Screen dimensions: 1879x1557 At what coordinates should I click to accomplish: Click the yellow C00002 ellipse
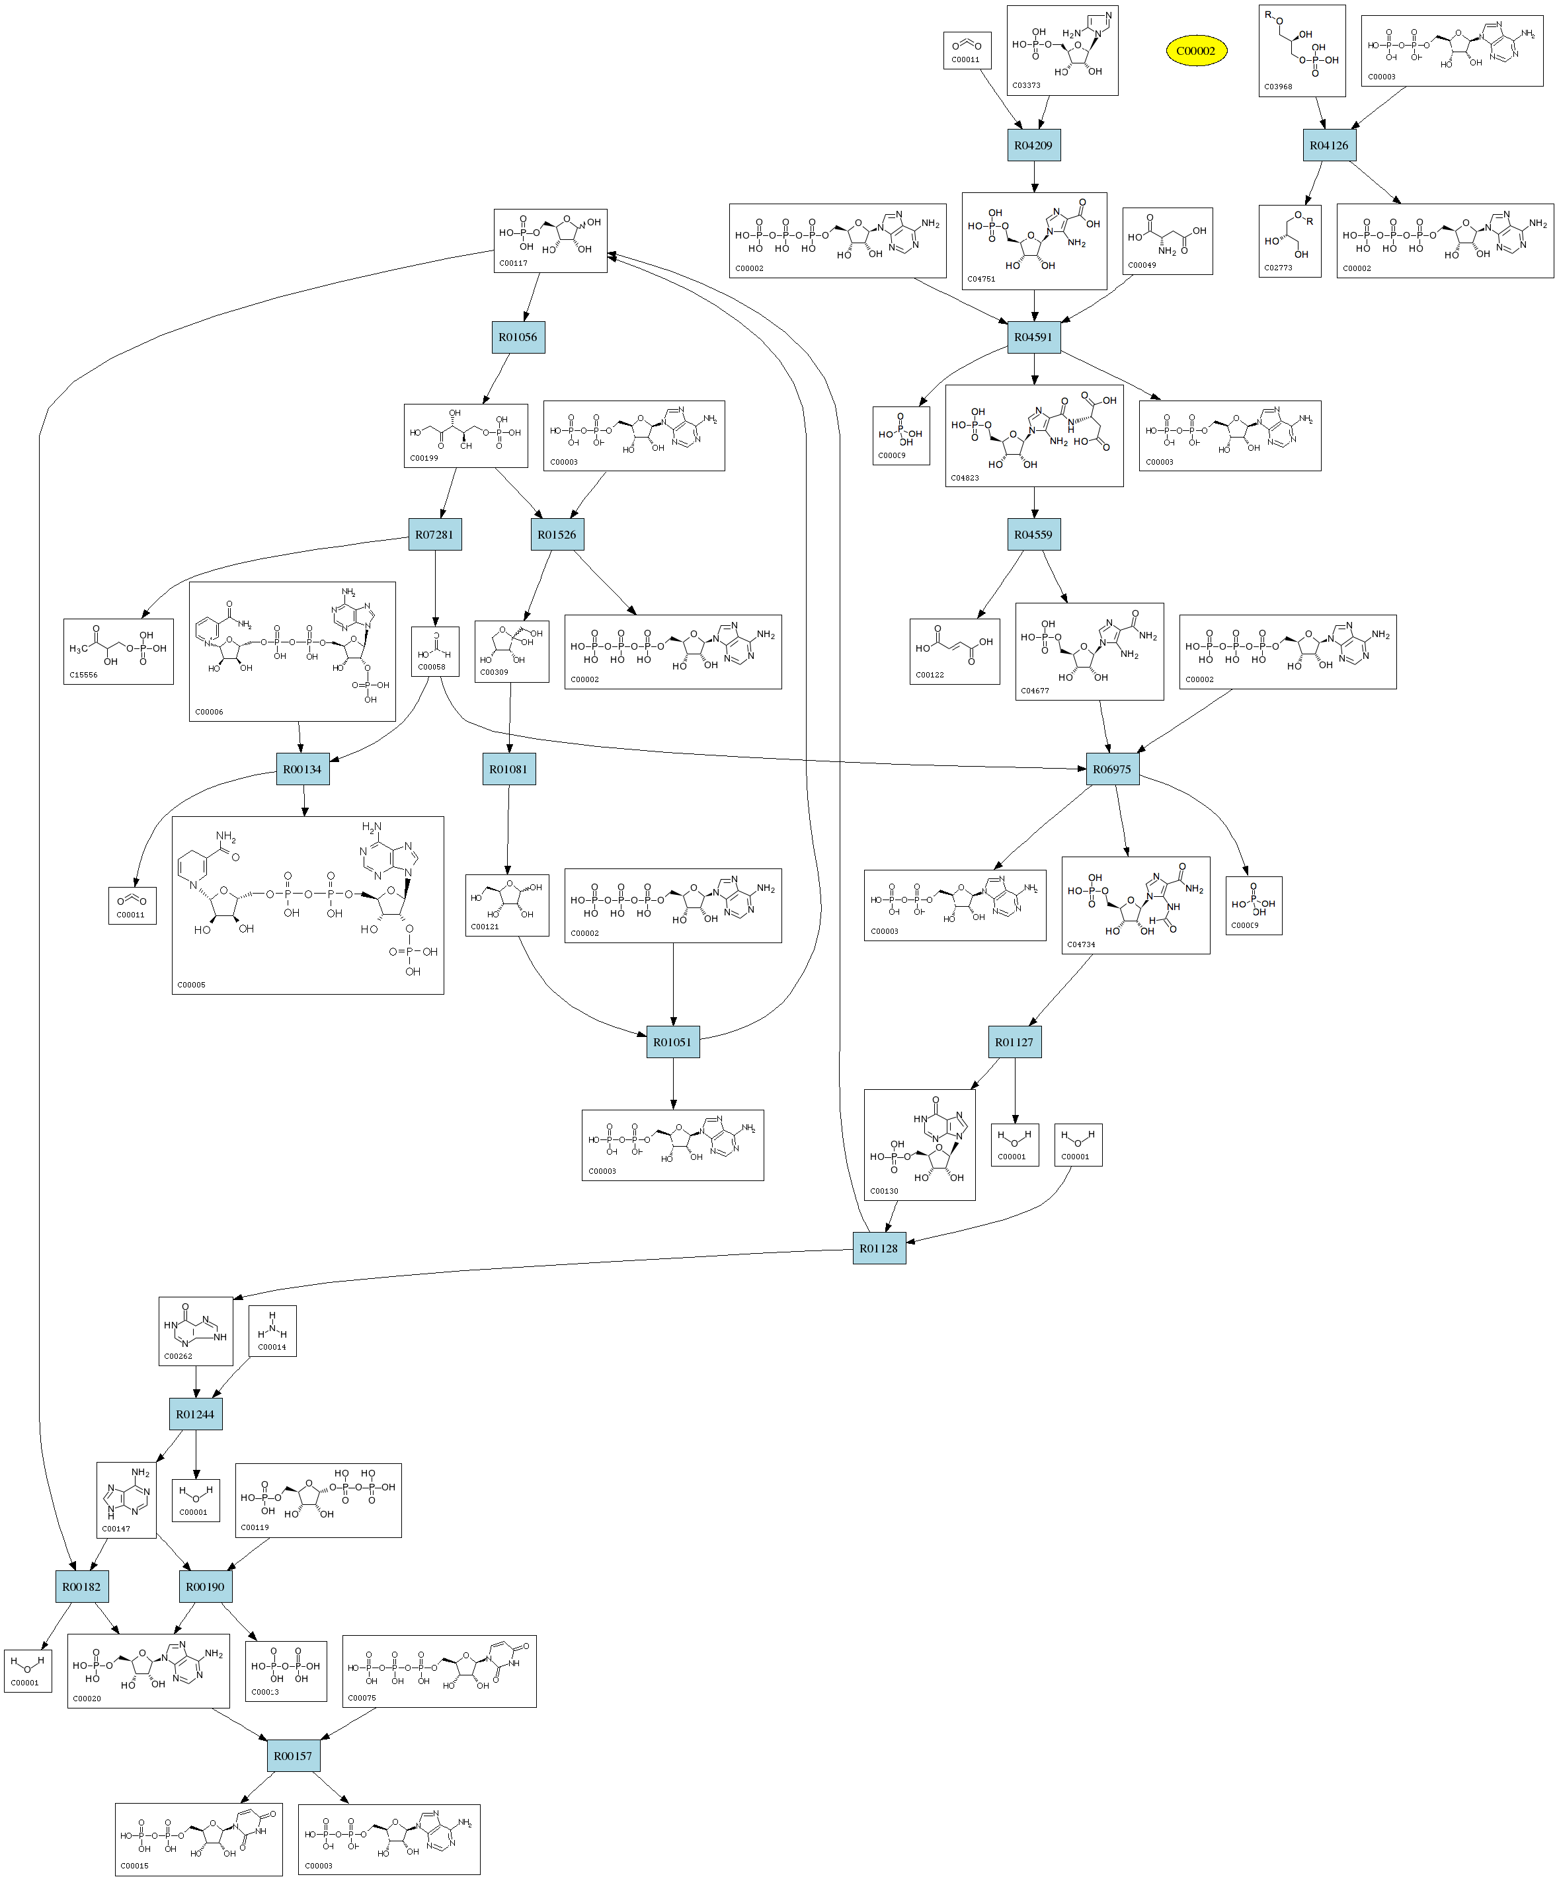[x=1195, y=51]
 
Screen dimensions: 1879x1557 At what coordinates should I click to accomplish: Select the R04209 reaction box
[x=1033, y=145]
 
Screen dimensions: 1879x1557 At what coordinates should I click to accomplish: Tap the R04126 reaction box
[x=1329, y=145]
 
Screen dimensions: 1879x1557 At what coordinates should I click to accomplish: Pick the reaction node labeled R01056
[x=518, y=337]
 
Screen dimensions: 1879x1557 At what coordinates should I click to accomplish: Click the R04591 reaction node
[x=1033, y=337]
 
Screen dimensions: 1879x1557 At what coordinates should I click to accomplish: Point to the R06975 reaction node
[x=1112, y=769]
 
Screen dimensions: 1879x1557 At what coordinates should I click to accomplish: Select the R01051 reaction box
[x=673, y=1042]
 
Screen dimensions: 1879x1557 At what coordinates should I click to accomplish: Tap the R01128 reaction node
[x=879, y=1248]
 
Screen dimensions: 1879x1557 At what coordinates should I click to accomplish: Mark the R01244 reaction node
[x=195, y=1414]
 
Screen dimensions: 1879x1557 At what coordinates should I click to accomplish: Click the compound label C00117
[x=514, y=263]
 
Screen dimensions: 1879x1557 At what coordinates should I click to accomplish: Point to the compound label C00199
[x=424, y=458]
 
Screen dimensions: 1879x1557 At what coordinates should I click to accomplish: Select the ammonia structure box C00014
[x=272, y=1330]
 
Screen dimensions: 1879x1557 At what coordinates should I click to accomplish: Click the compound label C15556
[x=83, y=675]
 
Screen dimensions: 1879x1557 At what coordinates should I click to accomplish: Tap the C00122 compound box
[x=954, y=652]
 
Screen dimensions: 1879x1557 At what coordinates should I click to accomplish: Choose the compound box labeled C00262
[x=195, y=1331]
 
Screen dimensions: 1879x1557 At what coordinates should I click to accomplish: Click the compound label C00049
[x=1142, y=265]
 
